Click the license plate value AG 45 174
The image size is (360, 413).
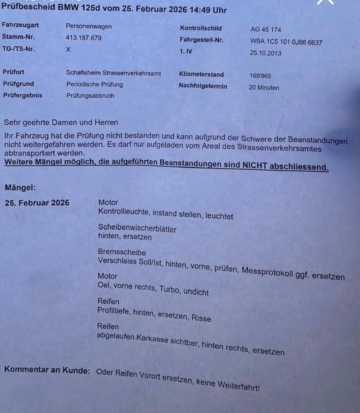[x=265, y=29]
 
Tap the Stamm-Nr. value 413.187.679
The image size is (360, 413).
[x=84, y=38]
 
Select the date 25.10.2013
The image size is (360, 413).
[x=265, y=53]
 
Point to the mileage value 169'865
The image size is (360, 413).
[x=260, y=76]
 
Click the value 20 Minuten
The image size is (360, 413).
[x=264, y=88]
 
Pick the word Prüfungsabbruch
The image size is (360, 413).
[x=90, y=96]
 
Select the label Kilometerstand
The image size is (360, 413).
[x=201, y=75]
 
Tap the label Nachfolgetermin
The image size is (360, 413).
[x=203, y=86]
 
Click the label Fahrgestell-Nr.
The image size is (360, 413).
[x=202, y=40]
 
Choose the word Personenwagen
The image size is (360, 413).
[x=88, y=26]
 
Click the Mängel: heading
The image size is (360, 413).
[x=20, y=188]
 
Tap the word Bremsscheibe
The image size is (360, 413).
[x=122, y=252]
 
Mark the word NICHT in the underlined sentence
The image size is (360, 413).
[x=254, y=166]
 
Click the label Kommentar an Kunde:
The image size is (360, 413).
[x=47, y=370]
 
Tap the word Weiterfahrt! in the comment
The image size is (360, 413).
[x=240, y=385]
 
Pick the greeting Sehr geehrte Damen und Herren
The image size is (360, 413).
[x=61, y=122]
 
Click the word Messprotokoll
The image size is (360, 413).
[x=267, y=272]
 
